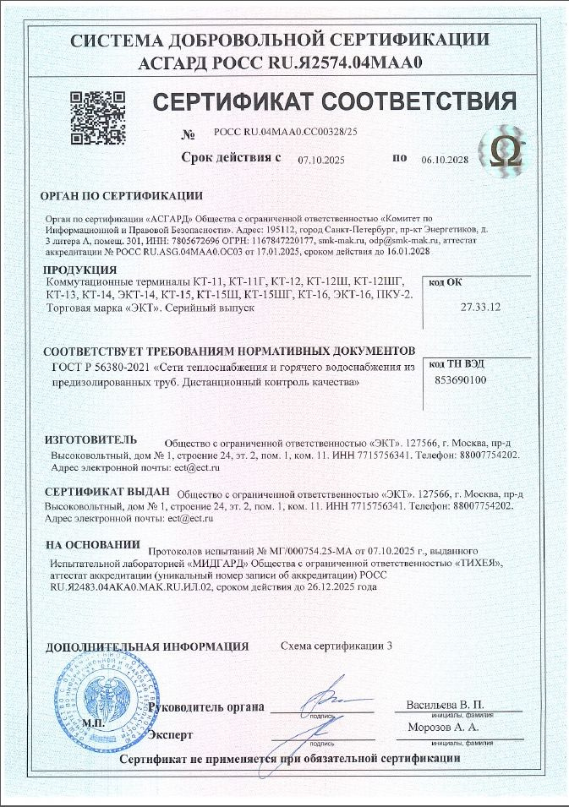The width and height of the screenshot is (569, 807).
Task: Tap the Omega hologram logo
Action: (509, 152)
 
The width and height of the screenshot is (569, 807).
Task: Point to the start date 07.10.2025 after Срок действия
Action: (322, 159)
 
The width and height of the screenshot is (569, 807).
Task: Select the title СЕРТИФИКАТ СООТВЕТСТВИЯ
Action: (334, 103)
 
